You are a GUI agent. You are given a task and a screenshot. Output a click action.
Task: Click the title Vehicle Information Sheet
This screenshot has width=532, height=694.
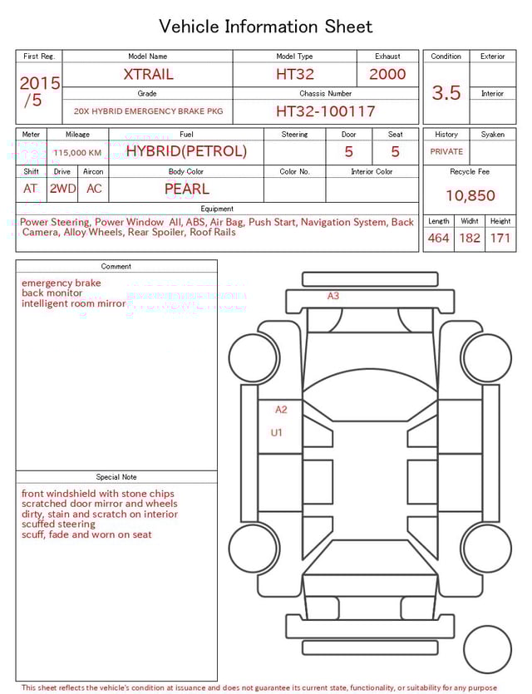click(266, 27)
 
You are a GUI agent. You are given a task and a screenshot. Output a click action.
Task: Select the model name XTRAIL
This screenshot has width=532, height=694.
click(148, 74)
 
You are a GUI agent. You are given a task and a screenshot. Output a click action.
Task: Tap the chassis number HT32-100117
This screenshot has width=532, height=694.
click(325, 111)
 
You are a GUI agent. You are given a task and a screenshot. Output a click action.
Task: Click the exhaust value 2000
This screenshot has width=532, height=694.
click(387, 74)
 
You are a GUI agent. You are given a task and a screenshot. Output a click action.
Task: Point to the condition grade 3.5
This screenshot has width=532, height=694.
click(446, 93)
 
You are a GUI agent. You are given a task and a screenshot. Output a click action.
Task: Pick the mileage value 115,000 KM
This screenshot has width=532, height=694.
click(77, 153)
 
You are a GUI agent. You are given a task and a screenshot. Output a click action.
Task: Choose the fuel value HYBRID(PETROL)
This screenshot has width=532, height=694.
click(186, 151)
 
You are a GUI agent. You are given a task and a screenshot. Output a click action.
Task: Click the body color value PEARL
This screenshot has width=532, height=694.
click(186, 189)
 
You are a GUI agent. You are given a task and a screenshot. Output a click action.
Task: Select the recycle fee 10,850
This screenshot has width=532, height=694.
click(470, 196)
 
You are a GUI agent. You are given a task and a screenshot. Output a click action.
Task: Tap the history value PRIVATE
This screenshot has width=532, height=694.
click(446, 152)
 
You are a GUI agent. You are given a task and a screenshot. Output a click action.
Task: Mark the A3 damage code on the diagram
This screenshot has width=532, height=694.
click(332, 296)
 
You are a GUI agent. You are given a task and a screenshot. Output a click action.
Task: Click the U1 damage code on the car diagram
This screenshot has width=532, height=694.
click(277, 433)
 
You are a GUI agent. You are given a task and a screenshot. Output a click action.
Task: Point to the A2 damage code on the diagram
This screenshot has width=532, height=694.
click(281, 410)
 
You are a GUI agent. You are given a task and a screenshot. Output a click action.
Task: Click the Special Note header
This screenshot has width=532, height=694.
click(116, 477)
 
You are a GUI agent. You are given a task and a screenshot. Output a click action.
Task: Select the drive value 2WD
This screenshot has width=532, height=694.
click(62, 189)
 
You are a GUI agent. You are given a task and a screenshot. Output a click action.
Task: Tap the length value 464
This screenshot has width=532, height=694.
click(438, 239)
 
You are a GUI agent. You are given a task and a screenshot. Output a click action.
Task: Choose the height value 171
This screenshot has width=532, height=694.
click(500, 239)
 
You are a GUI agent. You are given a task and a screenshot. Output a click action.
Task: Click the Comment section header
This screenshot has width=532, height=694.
click(116, 267)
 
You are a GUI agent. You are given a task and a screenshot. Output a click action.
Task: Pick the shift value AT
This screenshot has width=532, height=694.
click(31, 189)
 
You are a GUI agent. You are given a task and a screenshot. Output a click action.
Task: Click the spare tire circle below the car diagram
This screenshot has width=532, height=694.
click(487, 649)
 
